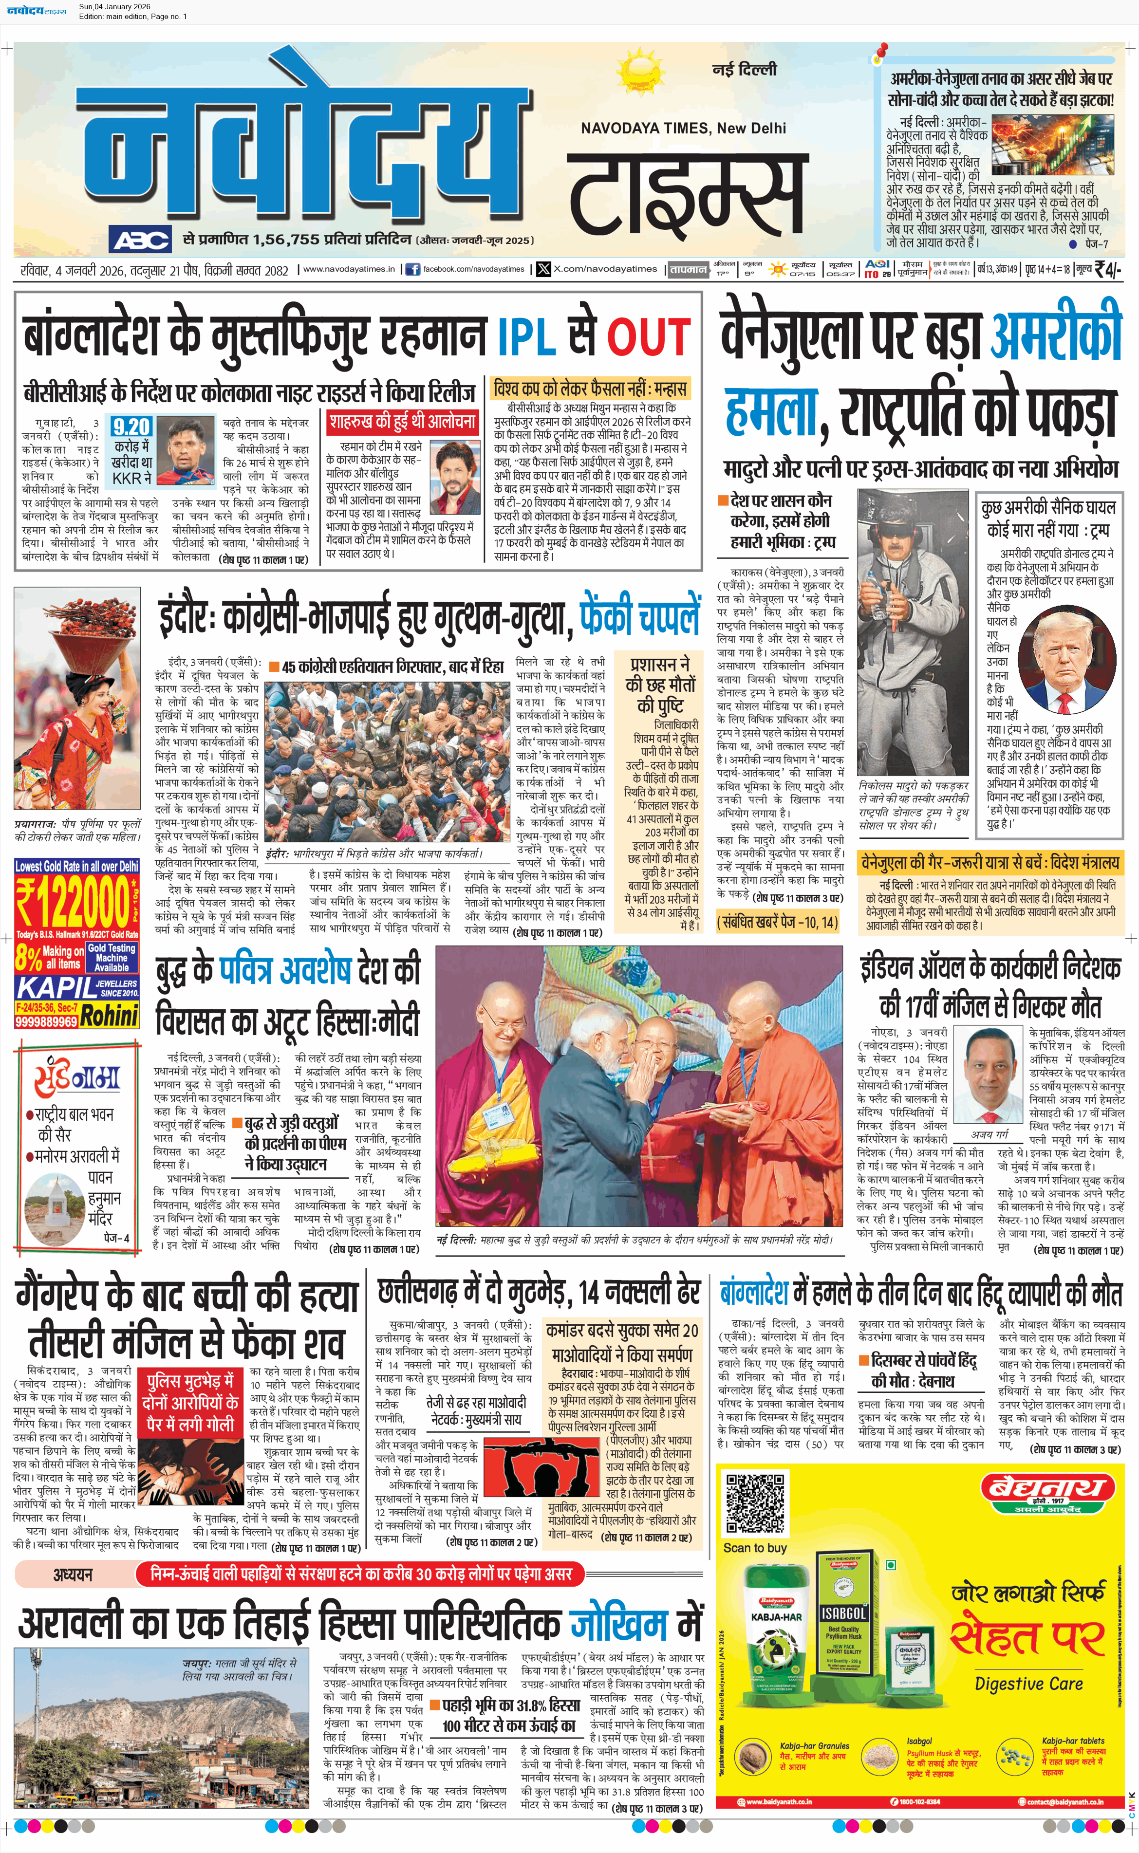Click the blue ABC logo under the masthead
(x=141, y=240)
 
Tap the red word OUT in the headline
(x=648, y=336)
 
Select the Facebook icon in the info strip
(x=413, y=269)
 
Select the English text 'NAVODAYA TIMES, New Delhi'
(x=683, y=128)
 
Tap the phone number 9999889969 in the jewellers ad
(x=46, y=1022)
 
